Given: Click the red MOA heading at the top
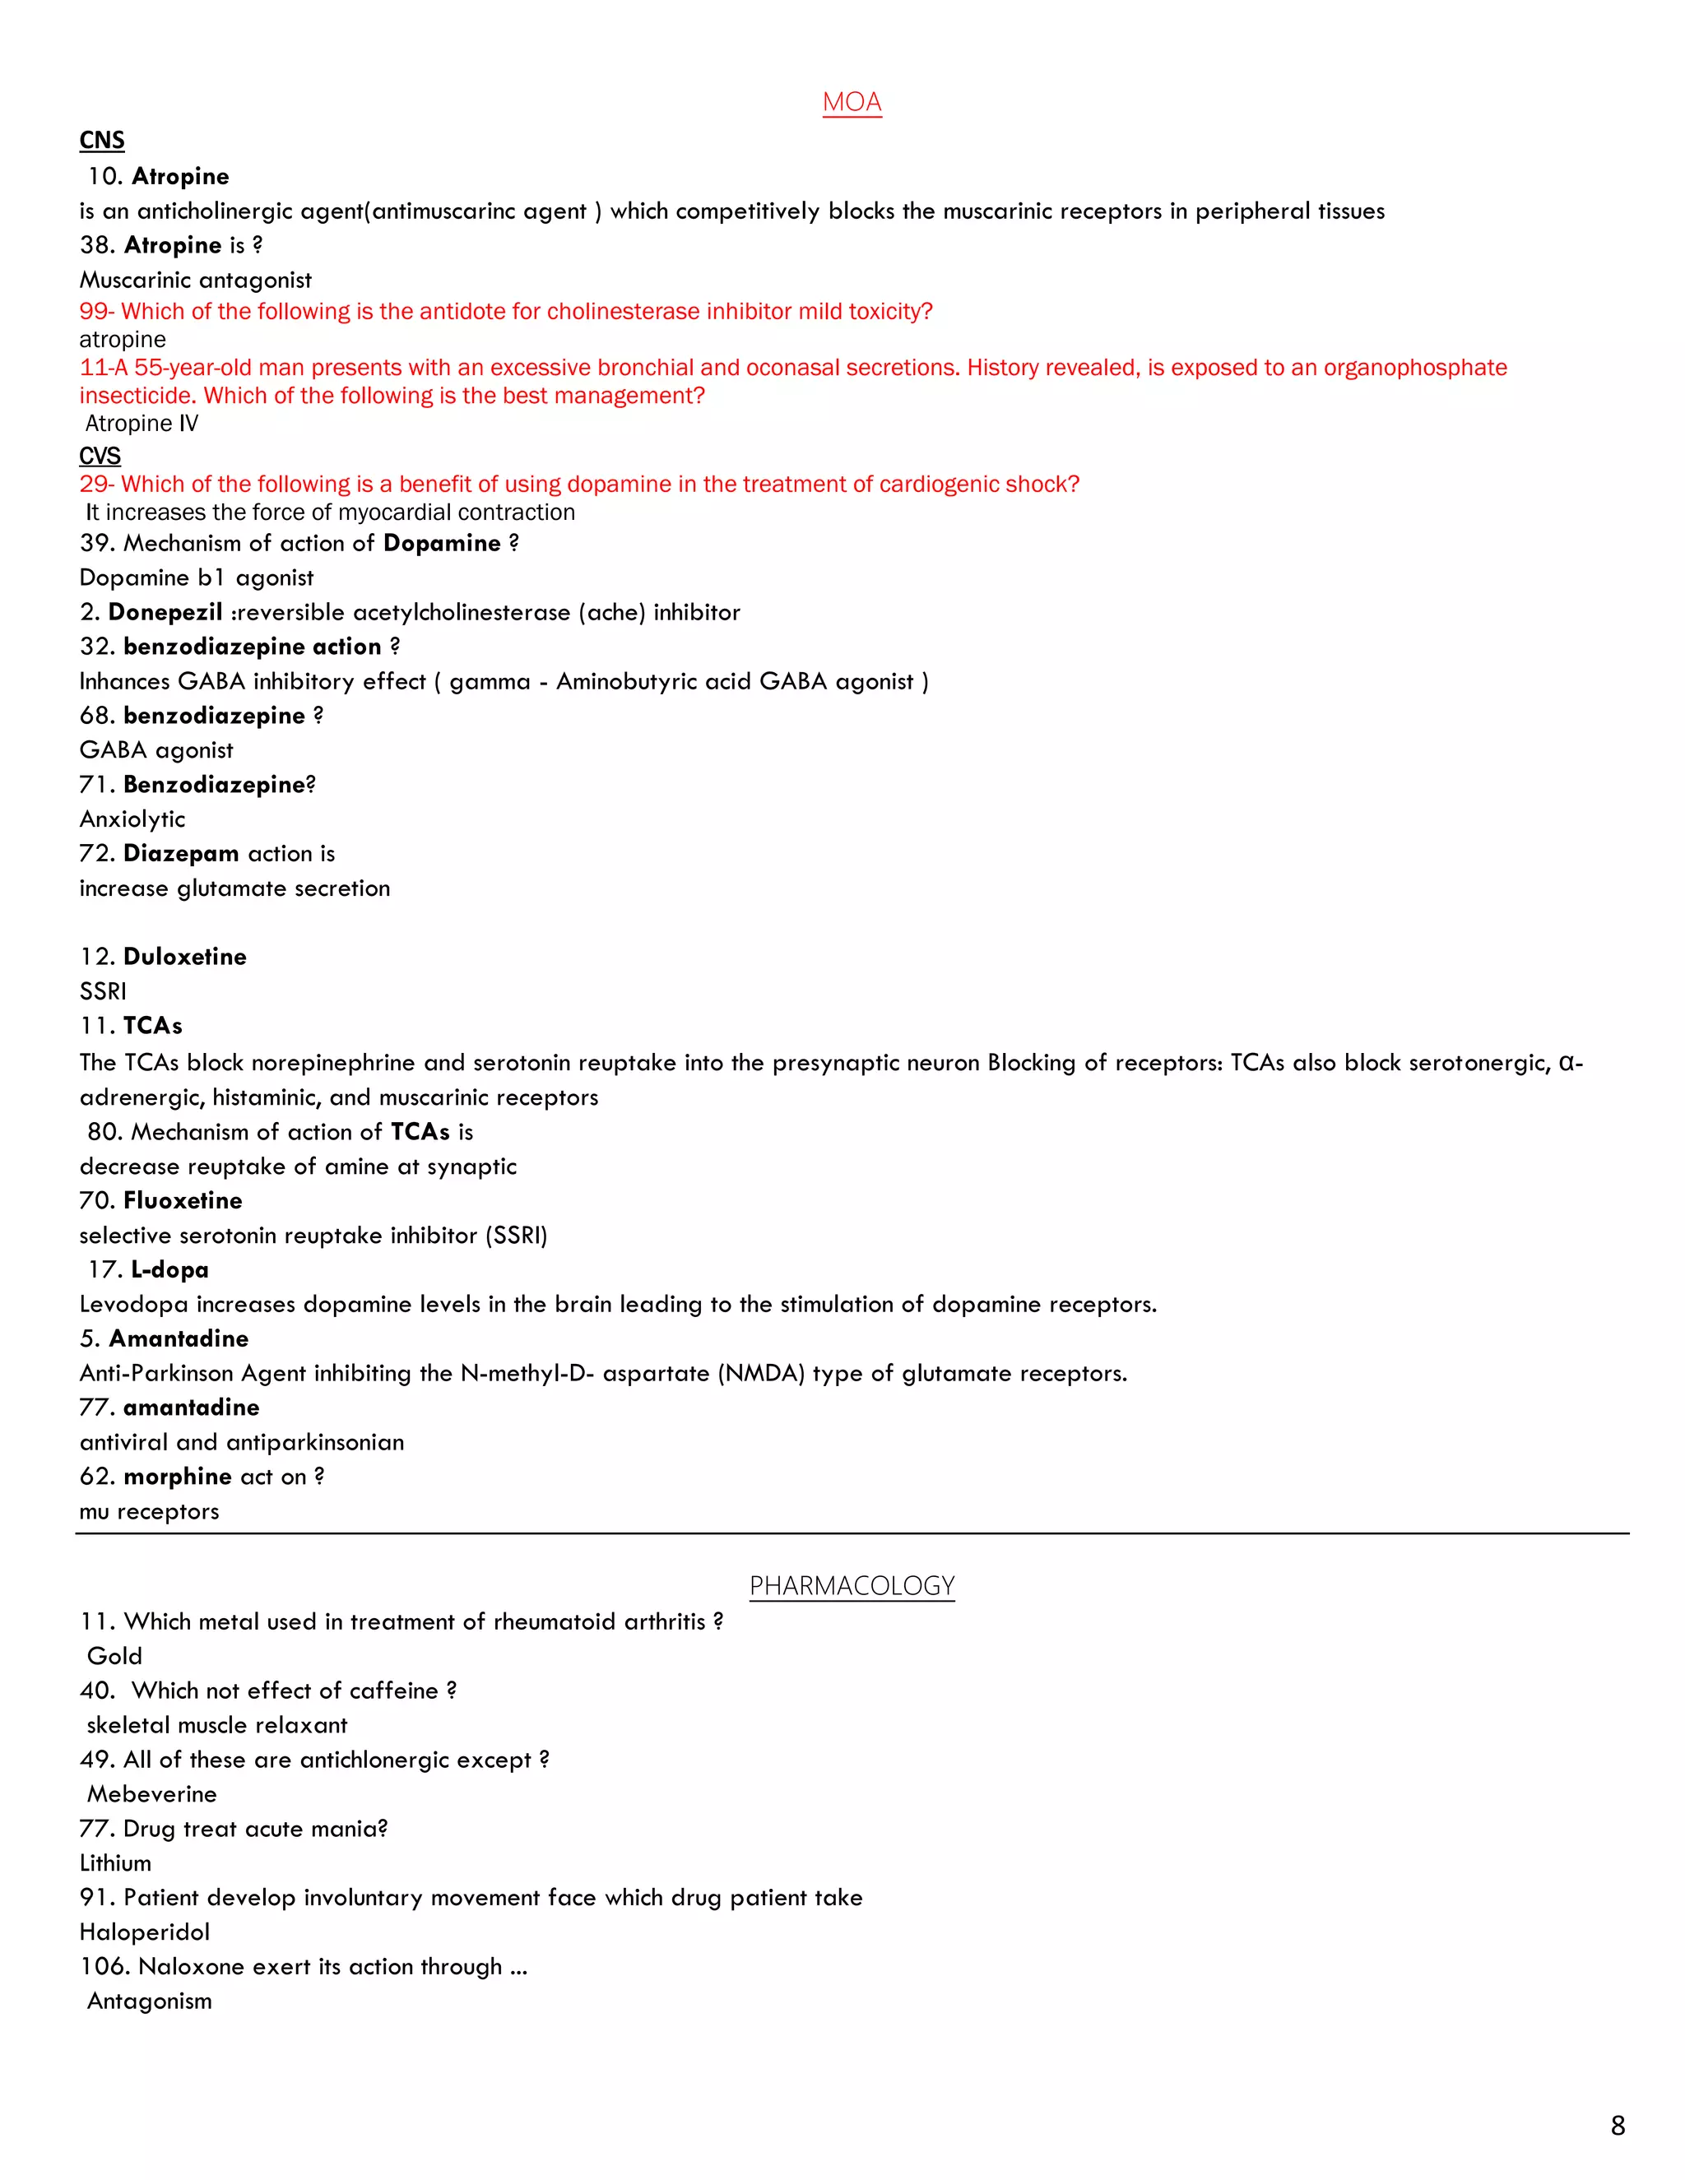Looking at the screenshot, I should tap(852, 102).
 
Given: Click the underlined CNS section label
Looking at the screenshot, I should tap(102, 140).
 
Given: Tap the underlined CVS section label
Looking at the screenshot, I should tap(100, 457).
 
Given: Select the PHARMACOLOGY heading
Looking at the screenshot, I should tap(852, 1586).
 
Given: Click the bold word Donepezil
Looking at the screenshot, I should tap(165, 612).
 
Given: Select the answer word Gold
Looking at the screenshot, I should tap(115, 1656).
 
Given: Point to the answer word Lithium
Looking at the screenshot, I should tap(116, 1862).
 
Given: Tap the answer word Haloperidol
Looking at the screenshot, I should tap(145, 1932).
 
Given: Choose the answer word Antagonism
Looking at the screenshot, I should tap(150, 2001).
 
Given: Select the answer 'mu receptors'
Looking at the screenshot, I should tap(150, 1511).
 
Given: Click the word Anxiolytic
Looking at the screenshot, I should tap(132, 819).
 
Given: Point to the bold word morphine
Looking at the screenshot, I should tap(178, 1477).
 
